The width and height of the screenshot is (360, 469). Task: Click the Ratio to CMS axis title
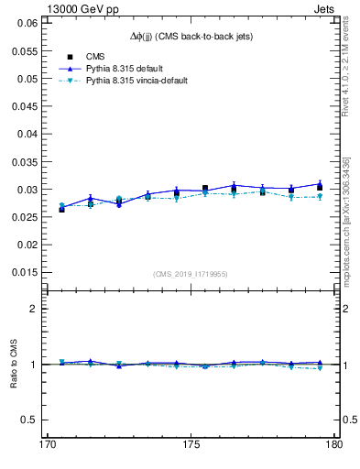[14, 364]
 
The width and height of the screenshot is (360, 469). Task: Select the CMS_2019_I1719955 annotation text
[191, 273]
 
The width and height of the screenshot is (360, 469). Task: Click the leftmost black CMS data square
[61, 209]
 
